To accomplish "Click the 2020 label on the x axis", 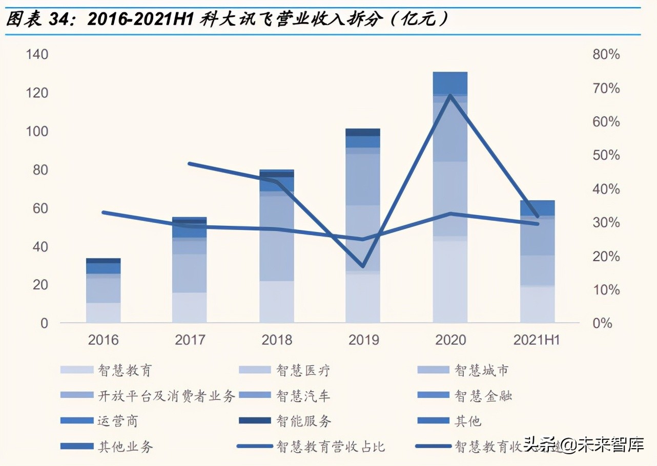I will [450, 340].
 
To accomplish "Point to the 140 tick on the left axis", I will [37, 55].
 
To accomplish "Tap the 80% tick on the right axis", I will [606, 55].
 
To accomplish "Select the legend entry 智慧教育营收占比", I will [331, 447].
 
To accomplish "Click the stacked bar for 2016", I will [103, 292].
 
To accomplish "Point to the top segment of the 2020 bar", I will [450, 82].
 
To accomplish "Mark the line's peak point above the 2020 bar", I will [450, 95].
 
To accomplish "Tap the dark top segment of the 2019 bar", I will [363, 132].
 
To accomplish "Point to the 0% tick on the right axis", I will [603, 324].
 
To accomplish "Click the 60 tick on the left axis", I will [40, 208].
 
